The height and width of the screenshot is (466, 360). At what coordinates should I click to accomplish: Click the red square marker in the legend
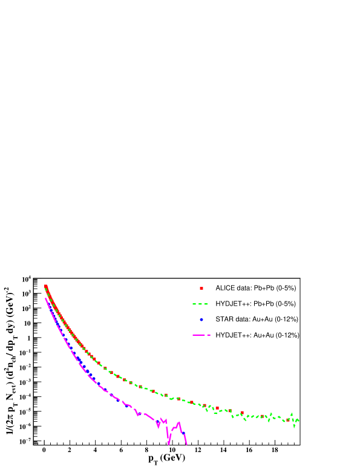click(201, 288)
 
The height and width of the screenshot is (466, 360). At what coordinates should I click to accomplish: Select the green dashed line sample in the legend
click(201, 304)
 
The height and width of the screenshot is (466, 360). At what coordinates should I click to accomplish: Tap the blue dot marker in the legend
click(201, 320)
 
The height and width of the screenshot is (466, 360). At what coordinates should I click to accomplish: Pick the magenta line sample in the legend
click(201, 335)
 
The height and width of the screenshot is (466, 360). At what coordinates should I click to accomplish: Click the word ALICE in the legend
click(226, 288)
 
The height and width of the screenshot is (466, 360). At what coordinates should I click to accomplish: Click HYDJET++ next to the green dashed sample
click(232, 304)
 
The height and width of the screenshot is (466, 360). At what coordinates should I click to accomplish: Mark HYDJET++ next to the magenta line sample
click(232, 335)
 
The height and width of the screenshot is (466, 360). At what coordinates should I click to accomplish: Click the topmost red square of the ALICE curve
click(45, 286)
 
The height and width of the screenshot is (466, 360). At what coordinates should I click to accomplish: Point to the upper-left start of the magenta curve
click(45, 298)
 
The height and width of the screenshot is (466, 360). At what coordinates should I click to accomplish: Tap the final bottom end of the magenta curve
click(186, 445)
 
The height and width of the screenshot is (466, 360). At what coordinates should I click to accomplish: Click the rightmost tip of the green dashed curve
click(298, 420)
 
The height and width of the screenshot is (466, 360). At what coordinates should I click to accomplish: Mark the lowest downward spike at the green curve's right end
click(295, 427)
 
